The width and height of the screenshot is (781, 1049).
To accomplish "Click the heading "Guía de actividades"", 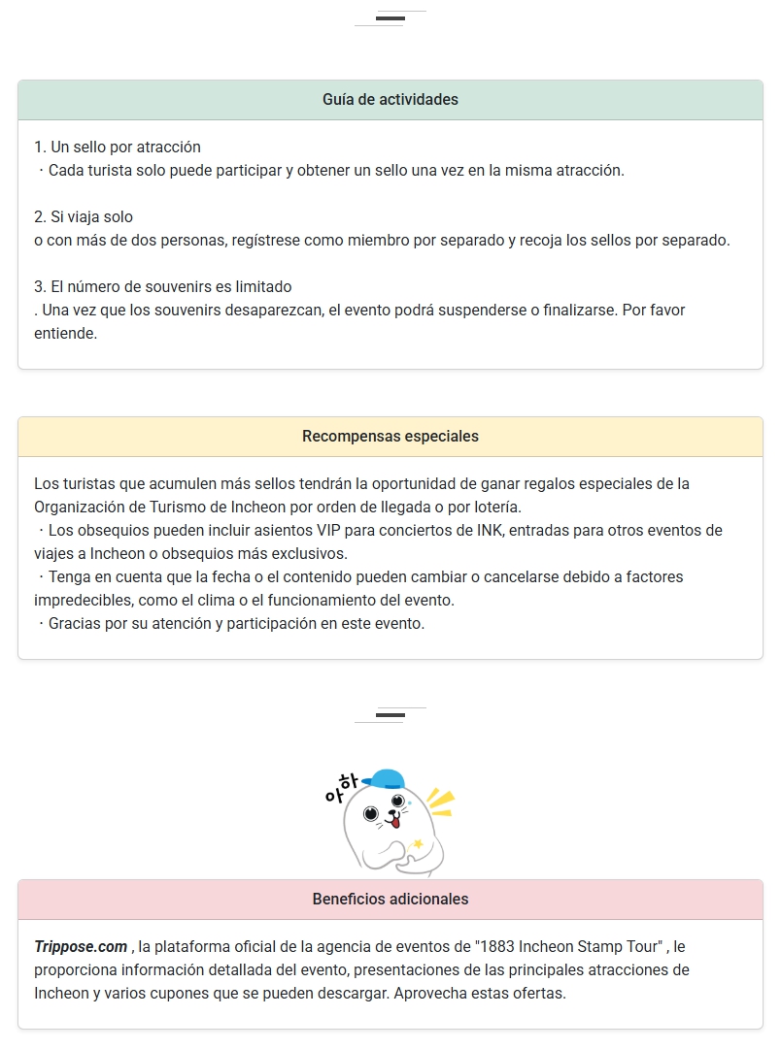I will point(390,100).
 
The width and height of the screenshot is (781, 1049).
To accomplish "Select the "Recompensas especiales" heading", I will point(390,437).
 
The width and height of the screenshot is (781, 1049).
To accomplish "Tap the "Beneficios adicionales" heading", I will point(390,900).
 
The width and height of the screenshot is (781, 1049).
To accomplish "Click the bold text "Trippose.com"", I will point(81,946).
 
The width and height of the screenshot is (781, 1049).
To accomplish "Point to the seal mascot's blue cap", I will point(389,777).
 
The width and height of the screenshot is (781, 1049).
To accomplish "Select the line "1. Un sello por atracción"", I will point(118,148).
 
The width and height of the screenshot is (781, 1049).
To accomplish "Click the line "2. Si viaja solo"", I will point(84,217).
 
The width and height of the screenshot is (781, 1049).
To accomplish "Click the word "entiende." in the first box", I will point(65,334).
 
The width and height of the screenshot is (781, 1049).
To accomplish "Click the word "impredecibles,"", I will point(85,601).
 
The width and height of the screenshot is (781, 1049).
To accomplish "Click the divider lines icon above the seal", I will point(390,715).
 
